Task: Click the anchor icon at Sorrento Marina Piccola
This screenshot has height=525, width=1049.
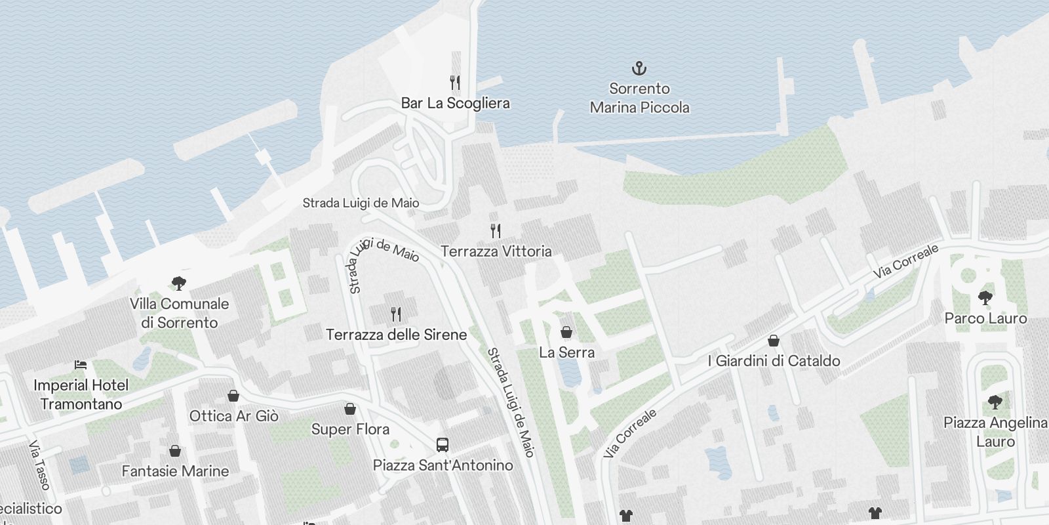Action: [639, 68]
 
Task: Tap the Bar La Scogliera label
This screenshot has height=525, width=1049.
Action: [455, 103]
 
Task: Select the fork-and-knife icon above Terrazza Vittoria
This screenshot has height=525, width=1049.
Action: [496, 230]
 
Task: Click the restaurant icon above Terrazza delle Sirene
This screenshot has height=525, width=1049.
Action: [395, 314]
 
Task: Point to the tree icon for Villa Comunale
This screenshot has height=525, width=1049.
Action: [178, 283]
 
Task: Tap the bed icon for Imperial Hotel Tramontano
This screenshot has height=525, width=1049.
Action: [81, 364]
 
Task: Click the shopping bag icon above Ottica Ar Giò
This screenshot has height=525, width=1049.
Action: [233, 396]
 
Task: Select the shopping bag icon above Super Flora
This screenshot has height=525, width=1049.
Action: [350, 409]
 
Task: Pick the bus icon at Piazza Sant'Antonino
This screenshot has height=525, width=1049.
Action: [443, 445]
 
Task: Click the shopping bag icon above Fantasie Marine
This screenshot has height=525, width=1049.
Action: [175, 451]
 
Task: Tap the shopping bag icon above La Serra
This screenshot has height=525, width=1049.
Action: [566, 332]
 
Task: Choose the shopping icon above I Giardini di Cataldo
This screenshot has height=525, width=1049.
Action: [774, 341]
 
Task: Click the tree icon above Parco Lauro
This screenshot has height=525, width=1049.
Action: [985, 298]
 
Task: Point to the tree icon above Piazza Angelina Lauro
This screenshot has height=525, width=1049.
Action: [995, 402]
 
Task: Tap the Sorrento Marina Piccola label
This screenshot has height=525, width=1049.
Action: [639, 98]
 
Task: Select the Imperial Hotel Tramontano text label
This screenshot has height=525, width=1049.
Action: [81, 394]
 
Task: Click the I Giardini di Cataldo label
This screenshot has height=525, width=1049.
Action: [774, 361]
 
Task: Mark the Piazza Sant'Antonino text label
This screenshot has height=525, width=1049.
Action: [443, 465]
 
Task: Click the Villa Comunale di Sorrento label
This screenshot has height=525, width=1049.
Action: [179, 313]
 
